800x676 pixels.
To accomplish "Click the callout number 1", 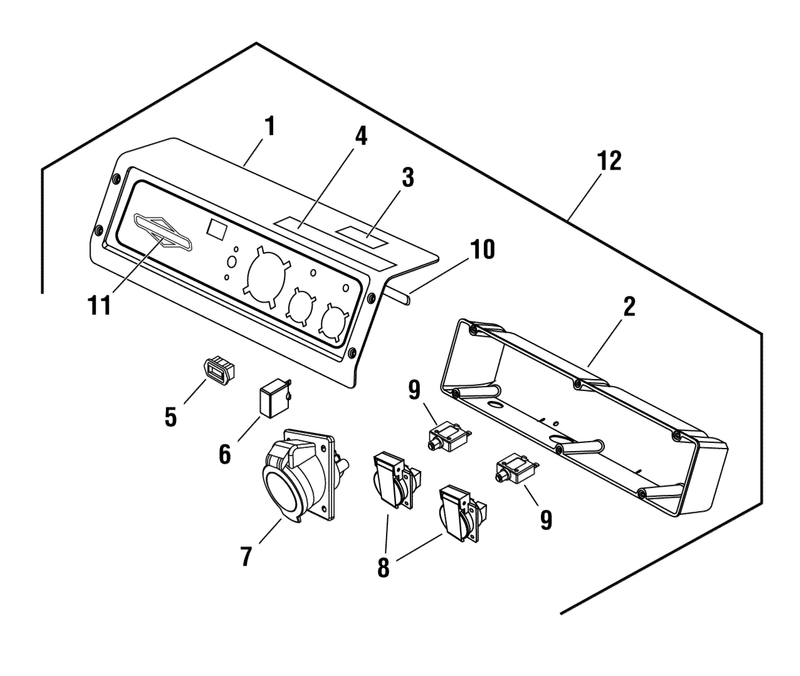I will click(270, 127).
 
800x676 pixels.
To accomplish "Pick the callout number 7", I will click(246, 556).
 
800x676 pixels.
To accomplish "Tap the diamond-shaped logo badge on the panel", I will click(162, 232).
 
